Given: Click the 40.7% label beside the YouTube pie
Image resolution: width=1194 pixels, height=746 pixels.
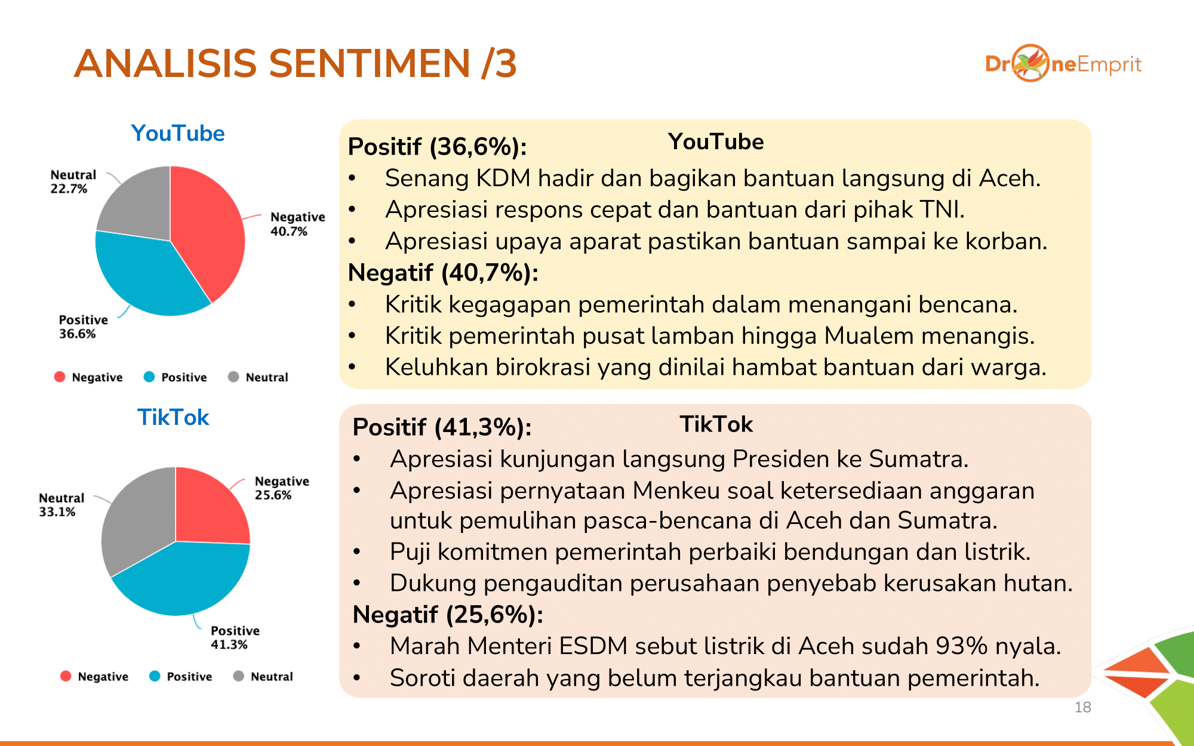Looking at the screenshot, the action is (289, 232).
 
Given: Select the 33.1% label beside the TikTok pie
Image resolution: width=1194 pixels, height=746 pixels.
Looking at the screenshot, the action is (57, 512).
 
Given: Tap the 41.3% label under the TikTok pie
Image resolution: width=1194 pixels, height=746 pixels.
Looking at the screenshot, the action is (229, 645).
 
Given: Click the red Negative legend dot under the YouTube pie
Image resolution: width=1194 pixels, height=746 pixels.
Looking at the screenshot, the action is (60, 377).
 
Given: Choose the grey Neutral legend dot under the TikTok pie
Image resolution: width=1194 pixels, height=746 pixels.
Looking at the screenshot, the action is (239, 676).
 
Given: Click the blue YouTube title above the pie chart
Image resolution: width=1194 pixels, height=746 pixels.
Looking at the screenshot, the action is (178, 133).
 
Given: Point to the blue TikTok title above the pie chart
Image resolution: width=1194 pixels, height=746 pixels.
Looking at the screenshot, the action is (173, 417).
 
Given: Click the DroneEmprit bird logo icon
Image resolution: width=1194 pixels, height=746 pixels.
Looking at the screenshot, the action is (1030, 63).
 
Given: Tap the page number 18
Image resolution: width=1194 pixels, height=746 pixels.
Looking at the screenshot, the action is (1083, 707).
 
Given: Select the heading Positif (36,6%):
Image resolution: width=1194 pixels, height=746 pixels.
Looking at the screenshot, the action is (438, 147).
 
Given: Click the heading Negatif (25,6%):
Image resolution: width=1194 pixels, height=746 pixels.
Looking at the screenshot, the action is (448, 615).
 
